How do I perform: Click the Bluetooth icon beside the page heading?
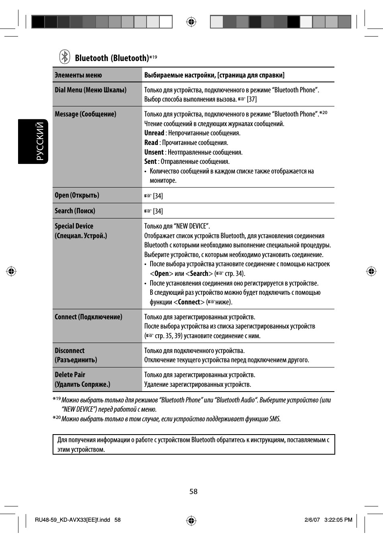[65, 57]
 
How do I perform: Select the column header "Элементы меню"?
[78, 75]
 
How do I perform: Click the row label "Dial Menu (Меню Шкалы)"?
[90, 90]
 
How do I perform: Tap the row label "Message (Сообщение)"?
[86, 114]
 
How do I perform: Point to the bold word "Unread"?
[154, 133]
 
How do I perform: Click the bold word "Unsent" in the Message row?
[154, 152]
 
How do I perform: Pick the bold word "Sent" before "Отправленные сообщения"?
[151, 161]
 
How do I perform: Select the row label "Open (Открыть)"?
[77, 195]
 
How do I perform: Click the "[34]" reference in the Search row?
[158, 211]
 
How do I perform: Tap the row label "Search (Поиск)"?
[75, 211]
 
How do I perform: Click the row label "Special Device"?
[74, 226]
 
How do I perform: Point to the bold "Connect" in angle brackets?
[189, 302]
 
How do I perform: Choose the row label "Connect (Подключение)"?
[88, 317]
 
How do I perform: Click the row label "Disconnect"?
[69, 351]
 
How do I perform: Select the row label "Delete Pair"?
[70, 375]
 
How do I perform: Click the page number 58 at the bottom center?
[194, 492]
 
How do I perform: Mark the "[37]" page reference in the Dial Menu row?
[252, 99]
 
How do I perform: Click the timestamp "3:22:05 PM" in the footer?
[338, 520]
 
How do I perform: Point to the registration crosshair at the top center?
[191, 22]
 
